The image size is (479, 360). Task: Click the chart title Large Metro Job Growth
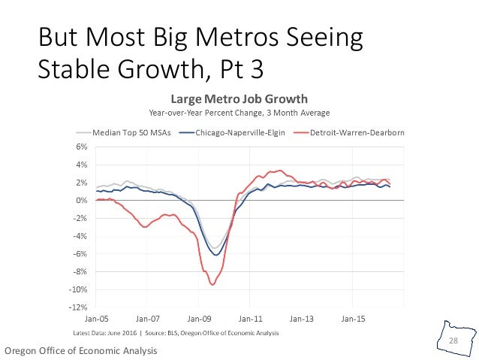tap(239, 98)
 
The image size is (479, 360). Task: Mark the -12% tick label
tap(79, 307)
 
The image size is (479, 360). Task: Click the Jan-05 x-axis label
tap(97, 319)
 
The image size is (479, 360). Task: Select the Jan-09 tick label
tap(199, 319)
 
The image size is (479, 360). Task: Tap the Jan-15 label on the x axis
tap(353, 319)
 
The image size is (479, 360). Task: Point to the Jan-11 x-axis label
tap(251, 319)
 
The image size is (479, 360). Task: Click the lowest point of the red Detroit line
tap(212, 284)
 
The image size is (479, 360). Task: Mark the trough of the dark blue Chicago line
tap(216, 255)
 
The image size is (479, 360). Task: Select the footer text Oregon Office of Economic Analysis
tap(81, 351)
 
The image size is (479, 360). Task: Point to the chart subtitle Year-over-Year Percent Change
tap(239, 113)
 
